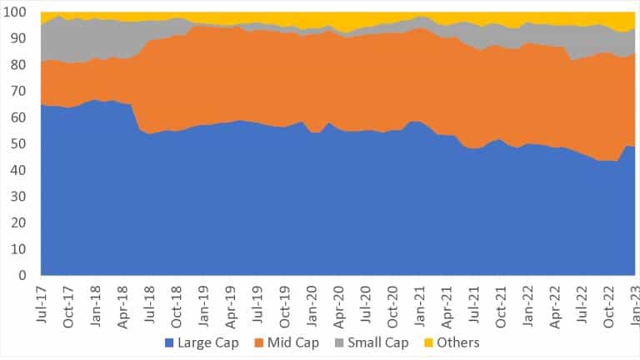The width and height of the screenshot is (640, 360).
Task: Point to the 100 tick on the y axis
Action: click(18, 12)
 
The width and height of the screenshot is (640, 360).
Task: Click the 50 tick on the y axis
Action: click(22, 144)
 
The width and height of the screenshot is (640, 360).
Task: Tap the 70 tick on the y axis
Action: click(22, 92)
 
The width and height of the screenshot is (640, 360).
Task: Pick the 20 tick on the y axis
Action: click(22, 223)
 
